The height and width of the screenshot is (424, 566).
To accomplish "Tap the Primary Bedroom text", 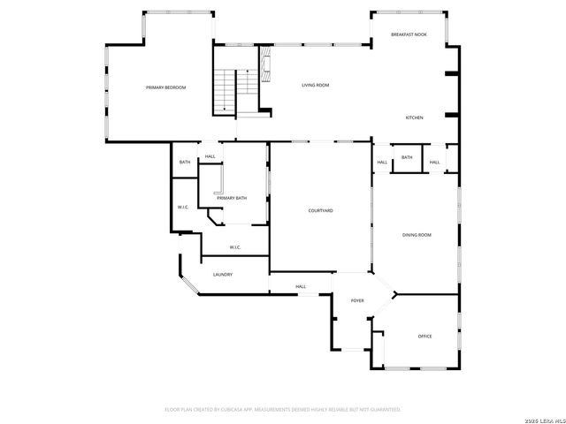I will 165,87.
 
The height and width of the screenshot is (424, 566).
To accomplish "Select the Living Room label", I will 315,85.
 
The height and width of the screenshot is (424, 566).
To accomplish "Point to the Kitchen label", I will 414,117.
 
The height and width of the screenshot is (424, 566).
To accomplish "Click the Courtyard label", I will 320,210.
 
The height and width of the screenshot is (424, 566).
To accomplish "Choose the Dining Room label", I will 417,234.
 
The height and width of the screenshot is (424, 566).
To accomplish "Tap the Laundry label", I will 222,274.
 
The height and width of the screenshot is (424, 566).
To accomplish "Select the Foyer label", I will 357,301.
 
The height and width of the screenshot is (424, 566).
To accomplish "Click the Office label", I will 424,336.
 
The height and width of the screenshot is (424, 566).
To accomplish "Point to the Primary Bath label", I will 232,198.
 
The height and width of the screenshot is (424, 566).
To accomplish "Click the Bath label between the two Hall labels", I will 407,157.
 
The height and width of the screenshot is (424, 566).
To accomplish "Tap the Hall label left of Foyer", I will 301,286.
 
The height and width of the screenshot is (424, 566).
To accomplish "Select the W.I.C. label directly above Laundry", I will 236,246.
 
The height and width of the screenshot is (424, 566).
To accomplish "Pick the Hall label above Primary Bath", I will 210,156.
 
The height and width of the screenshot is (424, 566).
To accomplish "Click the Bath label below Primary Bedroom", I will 185,162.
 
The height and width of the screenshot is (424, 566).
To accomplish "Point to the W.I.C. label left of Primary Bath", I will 183,208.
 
